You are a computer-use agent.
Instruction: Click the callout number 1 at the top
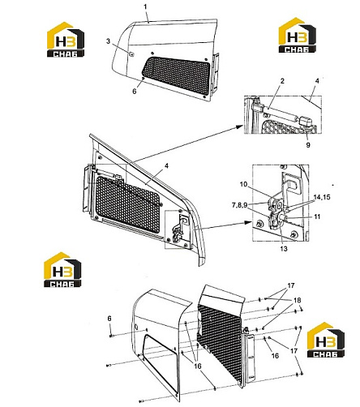click(145, 6)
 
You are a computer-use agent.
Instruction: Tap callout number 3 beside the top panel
click(109, 41)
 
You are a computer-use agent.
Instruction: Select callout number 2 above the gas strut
click(282, 81)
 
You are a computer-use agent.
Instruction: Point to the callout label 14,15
click(322, 197)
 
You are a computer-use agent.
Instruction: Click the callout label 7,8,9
click(239, 205)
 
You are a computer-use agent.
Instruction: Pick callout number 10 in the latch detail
click(243, 184)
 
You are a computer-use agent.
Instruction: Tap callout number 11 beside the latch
click(317, 216)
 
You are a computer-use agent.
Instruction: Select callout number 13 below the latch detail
click(284, 249)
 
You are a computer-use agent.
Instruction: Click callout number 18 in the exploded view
click(297, 300)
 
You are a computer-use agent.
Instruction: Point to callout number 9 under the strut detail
click(308, 145)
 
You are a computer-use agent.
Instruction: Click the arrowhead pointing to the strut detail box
click(239, 126)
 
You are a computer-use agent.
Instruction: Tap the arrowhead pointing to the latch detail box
click(248, 222)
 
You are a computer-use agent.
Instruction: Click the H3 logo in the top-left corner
click(66, 40)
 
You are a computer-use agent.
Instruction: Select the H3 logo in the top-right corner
click(298, 35)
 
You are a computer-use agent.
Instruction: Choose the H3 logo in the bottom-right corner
click(326, 340)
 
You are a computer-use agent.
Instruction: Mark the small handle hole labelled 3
click(131, 54)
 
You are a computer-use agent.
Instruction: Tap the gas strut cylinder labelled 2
click(281, 114)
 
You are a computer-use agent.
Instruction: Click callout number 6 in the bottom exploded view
click(109, 319)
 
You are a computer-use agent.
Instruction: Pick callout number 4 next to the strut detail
click(317, 81)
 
